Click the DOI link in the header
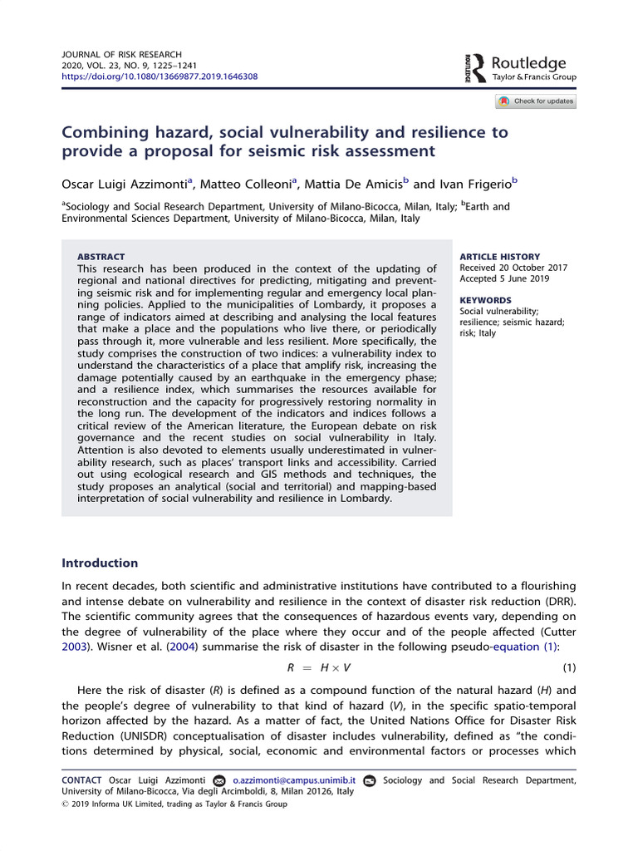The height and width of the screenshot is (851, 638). click(x=159, y=76)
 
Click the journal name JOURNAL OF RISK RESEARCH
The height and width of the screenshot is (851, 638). click(x=121, y=54)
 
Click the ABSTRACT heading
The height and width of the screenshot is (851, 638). click(x=101, y=257)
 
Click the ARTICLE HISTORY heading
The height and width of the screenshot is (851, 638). click(x=499, y=257)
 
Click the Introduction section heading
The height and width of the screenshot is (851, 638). click(x=100, y=563)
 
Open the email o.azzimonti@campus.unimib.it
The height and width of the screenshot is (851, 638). click(x=294, y=780)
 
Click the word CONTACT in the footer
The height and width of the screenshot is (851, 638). click(x=82, y=780)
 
